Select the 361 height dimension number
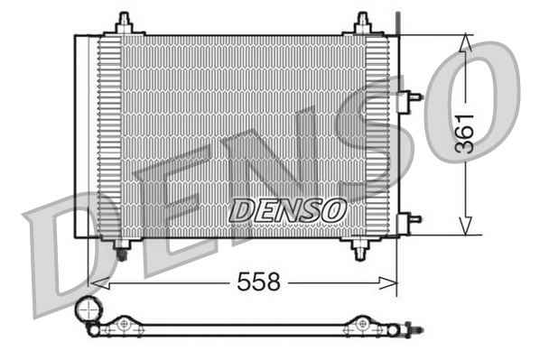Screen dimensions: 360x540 [x=465, y=134]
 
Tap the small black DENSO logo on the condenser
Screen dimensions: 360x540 [x=287, y=209]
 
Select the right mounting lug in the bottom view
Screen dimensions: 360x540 [x=362, y=324]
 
